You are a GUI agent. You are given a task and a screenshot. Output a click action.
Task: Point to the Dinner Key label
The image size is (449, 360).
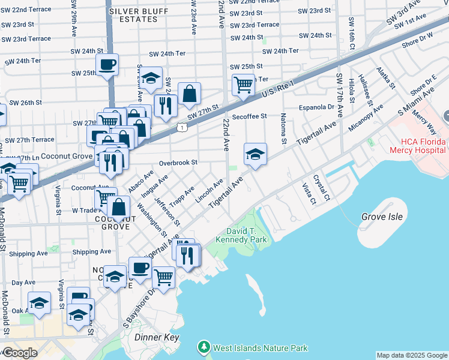click(x=155, y=338)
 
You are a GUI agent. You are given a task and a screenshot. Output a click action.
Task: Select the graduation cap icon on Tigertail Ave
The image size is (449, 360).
click(x=255, y=154)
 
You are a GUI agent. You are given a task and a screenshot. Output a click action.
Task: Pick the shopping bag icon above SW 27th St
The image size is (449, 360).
click(x=189, y=93)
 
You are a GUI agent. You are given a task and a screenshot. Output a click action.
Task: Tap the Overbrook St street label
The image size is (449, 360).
click(x=178, y=163)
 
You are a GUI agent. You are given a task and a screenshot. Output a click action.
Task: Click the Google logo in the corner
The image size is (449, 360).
click(x=20, y=352)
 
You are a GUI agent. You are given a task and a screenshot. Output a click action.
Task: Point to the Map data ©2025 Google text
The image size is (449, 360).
click(x=412, y=355)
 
